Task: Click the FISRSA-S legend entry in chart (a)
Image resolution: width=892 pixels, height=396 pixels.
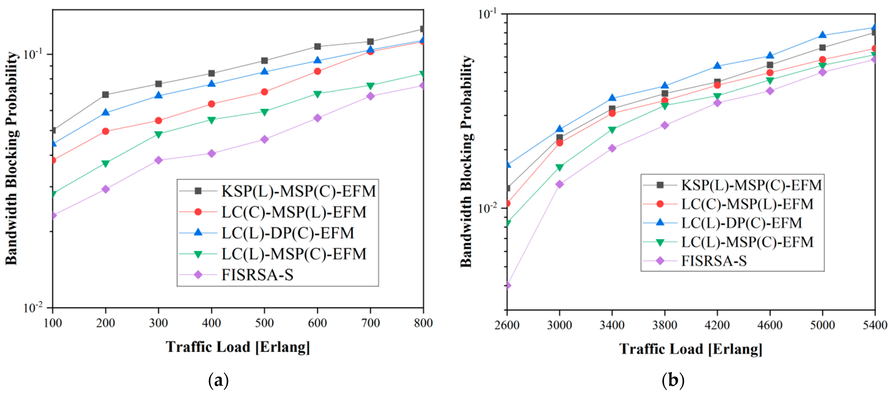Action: click(x=257, y=275)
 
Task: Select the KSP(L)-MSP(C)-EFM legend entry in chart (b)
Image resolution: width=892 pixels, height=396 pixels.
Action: click(x=751, y=185)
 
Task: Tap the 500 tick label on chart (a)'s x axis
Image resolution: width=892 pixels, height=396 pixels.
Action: click(x=264, y=323)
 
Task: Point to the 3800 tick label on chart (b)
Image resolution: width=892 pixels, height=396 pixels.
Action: click(x=664, y=325)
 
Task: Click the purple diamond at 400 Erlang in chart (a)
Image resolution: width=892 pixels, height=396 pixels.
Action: click(x=211, y=153)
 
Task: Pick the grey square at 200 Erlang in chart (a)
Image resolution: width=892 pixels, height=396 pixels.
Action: click(x=105, y=94)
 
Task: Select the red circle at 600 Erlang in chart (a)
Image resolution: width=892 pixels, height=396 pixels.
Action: click(x=317, y=71)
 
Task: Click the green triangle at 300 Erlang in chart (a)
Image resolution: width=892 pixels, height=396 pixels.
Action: click(x=159, y=134)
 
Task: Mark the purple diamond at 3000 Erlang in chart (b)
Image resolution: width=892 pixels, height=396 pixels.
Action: click(x=559, y=184)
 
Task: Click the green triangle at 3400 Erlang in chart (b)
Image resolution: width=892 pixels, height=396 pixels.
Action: click(x=612, y=130)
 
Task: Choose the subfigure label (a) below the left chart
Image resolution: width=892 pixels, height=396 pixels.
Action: click(x=218, y=380)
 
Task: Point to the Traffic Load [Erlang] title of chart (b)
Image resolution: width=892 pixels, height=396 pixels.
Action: click(x=690, y=349)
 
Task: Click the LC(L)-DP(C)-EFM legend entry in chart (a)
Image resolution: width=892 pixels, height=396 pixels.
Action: click(x=287, y=233)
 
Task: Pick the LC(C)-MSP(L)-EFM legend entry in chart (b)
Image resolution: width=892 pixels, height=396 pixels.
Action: click(x=747, y=204)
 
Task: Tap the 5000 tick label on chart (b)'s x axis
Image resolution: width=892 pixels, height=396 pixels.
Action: click(x=822, y=325)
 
